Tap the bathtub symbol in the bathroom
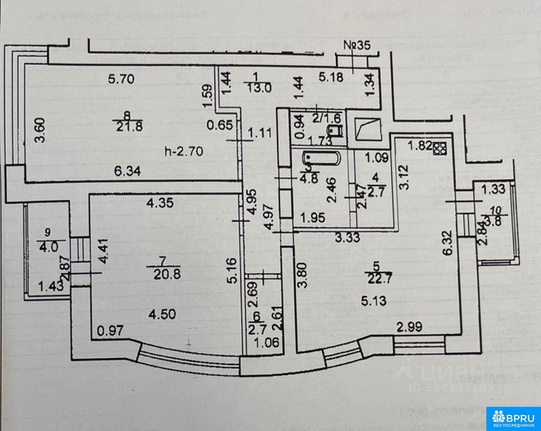[x=322, y=159]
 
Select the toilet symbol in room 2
[x=336, y=132]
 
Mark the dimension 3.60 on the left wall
[x=41, y=130]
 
